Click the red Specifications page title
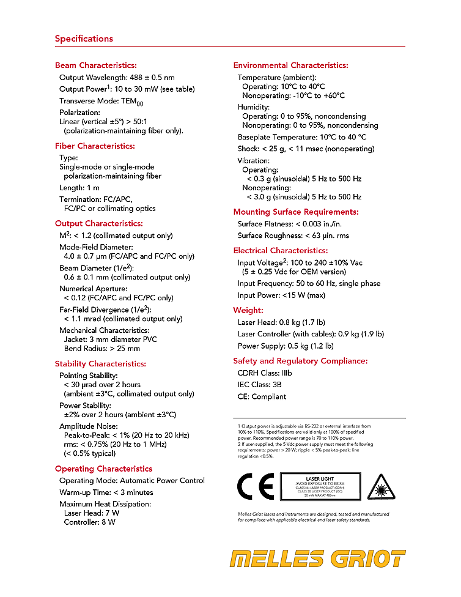(x=84, y=39)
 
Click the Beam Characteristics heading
(x=95, y=65)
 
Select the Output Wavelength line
(x=117, y=78)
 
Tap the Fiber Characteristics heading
(x=95, y=146)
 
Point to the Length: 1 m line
(x=79, y=188)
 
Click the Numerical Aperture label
(x=93, y=289)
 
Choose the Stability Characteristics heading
(x=100, y=364)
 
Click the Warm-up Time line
(x=106, y=492)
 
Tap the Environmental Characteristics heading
(x=290, y=65)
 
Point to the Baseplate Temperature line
(x=311, y=137)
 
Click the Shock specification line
(x=306, y=149)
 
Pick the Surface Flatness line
(x=293, y=224)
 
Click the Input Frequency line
(x=309, y=283)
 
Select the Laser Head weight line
(x=281, y=322)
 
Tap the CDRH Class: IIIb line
(x=265, y=373)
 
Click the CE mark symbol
(x=255, y=487)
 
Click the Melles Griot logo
(x=317, y=559)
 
